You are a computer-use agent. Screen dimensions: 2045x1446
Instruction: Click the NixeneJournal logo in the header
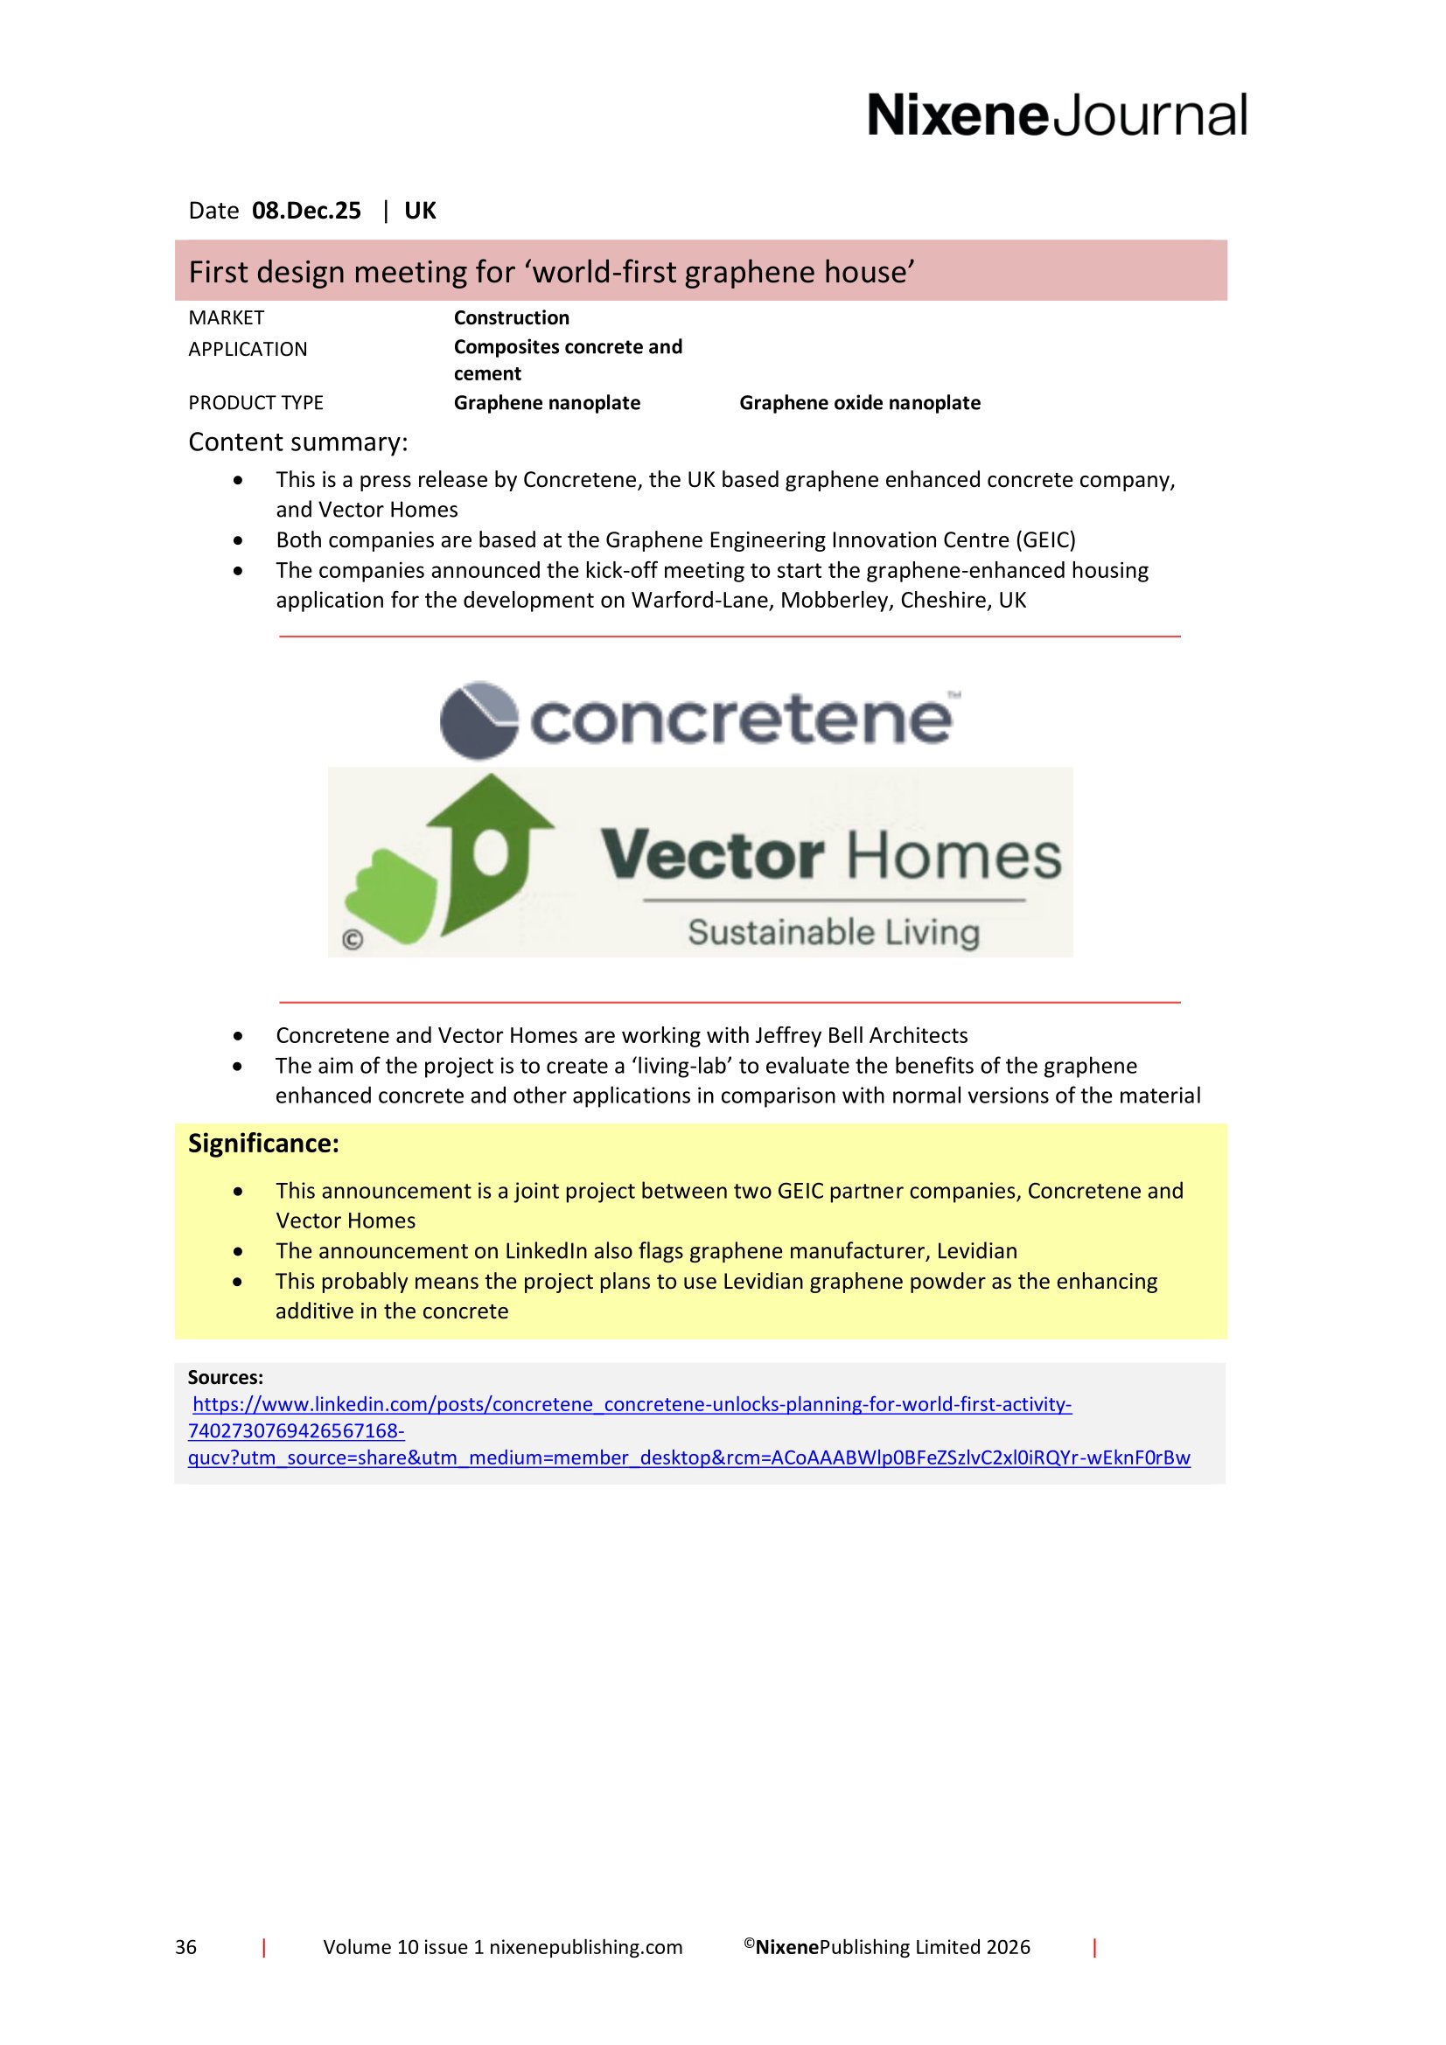[1057, 115]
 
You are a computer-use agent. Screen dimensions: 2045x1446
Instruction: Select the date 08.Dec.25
[306, 211]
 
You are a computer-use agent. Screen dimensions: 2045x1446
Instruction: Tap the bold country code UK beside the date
[420, 211]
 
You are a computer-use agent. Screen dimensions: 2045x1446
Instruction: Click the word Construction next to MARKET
[512, 318]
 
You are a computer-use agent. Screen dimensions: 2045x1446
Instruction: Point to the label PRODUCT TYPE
[255, 402]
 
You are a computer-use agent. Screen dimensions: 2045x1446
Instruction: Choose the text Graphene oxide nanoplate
[860, 402]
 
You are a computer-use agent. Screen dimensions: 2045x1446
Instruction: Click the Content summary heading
[297, 442]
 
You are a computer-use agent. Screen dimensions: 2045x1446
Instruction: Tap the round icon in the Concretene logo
[479, 720]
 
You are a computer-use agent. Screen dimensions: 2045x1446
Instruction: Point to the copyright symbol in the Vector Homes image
[353, 940]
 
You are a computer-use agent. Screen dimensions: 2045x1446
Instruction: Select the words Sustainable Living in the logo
[833, 933]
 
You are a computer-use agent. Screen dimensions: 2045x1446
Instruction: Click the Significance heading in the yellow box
[263, 1144]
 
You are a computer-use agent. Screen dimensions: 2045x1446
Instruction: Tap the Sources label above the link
[226, 1377]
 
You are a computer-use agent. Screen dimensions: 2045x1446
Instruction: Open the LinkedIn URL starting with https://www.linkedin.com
[632, 1405]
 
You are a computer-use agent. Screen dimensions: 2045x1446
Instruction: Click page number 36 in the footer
[185, 1947]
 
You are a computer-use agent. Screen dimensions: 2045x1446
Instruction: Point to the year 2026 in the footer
[1007, 1947]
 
